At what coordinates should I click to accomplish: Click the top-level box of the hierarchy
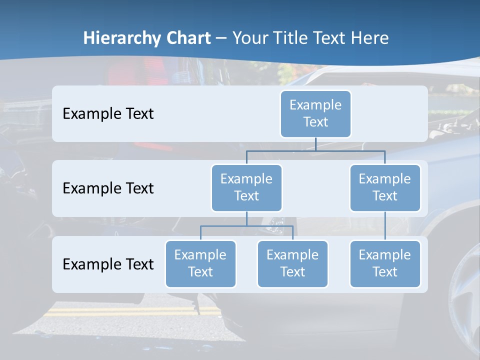pyautogui.click(x=315, y=114)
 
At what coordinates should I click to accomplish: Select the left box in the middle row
pyautogui.click(x=246, y=188)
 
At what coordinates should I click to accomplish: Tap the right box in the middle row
pyautogui.click(x=385, y=188)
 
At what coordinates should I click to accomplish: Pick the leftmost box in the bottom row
pyautogui.click(x=200, y=264)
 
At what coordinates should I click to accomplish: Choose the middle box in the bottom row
pyautogui.click(x=292, y=264)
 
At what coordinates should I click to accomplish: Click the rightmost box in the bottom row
pyautogui.click(x=385, y=264)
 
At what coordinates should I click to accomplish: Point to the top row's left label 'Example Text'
pyautogui.click(x=108, y=114)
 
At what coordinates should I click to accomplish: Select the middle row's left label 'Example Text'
pyautogui.click(x=108, y=188)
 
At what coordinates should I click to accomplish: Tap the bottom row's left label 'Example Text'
pyautogui.click(x=108, y=264)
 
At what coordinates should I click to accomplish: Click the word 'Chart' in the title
pyautogui.click(x=189, y=38)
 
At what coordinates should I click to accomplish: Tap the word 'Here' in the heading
pyautogui.click(x=370, y=38)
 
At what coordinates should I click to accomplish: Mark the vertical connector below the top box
pyautogui.click(x=315, y=144)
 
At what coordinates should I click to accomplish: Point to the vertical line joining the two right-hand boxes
pyautogui.click(x=385, y=226)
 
